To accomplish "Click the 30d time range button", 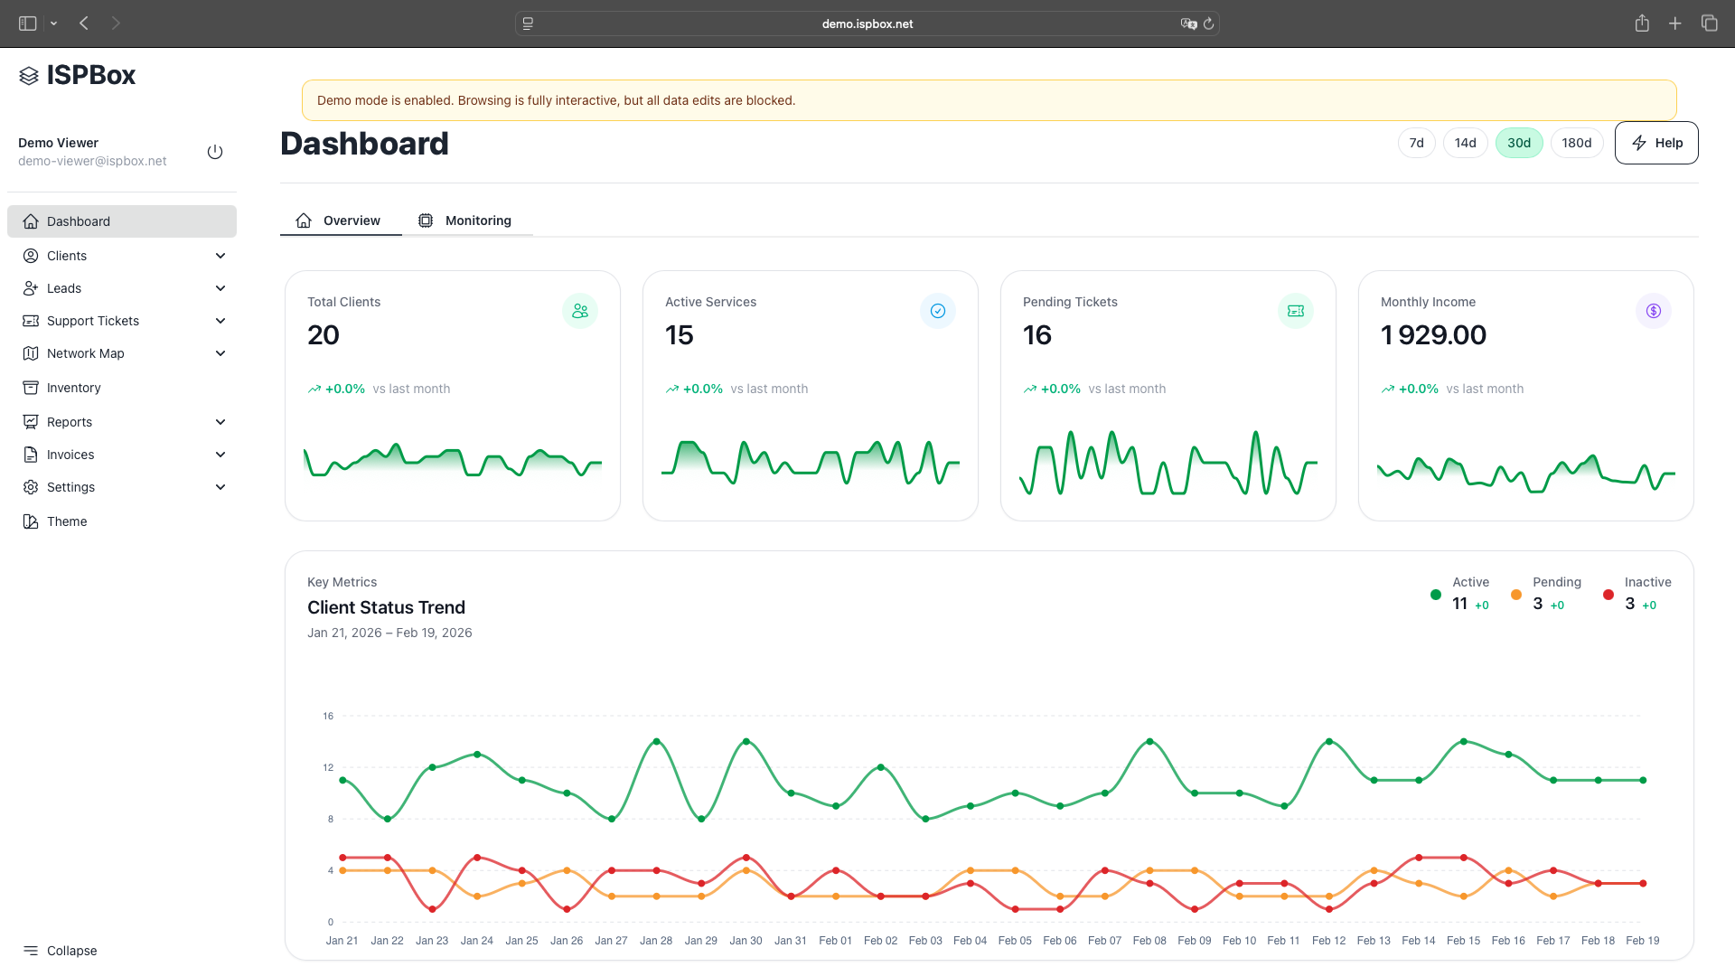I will point(1518,143).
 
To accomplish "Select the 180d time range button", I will point(1576,143).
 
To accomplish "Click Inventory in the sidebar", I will point(74,388).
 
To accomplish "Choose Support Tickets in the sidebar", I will point(93,321).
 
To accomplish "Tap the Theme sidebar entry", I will point(67,521).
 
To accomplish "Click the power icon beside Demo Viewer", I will point(214,152).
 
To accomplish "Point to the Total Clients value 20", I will point(324,335).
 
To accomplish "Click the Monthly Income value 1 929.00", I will point(1433,335).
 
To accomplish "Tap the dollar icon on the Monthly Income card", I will point(1653,311).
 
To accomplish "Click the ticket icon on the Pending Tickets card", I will point(1295,311).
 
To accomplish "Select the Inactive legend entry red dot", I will point(1608,595).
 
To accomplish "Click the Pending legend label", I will point(1556,582).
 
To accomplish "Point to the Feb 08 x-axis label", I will point(1149,941).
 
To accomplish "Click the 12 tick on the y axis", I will point(328,767).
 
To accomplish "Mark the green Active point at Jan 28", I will point(656,741).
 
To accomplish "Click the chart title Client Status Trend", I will point(386,607).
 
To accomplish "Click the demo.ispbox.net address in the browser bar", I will point(867,23).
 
